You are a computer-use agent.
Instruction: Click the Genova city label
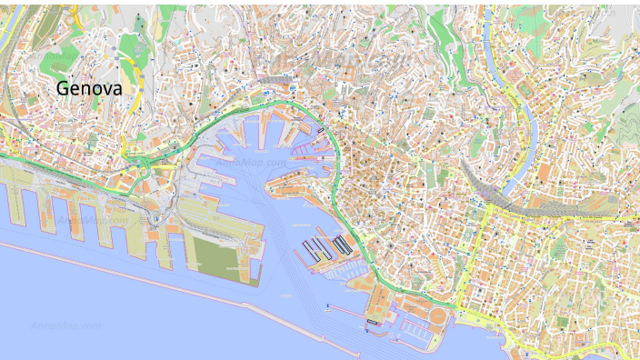click(x=88, y=89)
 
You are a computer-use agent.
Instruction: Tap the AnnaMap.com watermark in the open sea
click(x=65, y=325)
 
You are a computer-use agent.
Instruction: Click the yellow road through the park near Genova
click(x=138, y=77)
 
